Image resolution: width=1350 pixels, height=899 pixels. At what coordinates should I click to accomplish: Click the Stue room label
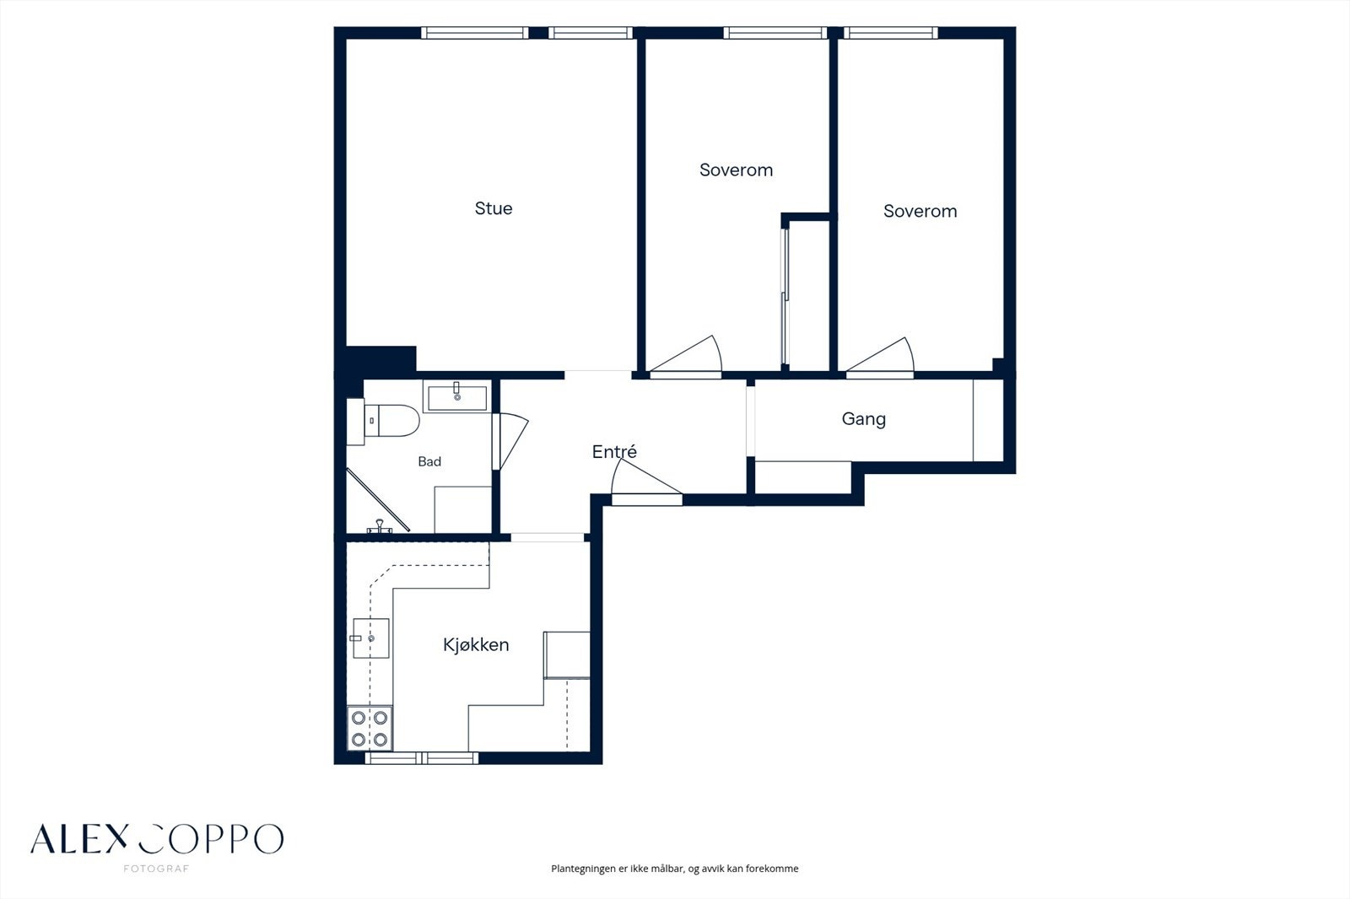[494, 208]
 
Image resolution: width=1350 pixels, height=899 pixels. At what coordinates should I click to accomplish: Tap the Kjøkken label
[476, 645]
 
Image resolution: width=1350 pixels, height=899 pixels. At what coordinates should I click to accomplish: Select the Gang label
[864, 419]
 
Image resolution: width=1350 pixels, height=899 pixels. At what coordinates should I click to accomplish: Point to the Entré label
[614, 452]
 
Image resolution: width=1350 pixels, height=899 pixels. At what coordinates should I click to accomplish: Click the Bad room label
[429, 461]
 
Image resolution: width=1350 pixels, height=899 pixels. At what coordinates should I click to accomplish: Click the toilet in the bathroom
[384, 421]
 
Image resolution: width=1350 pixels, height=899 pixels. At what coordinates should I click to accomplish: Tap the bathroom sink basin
[457, 398]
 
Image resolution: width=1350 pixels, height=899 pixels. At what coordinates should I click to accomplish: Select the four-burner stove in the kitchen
[370, 728]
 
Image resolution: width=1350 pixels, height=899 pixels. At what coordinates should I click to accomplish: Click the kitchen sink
[370, 638]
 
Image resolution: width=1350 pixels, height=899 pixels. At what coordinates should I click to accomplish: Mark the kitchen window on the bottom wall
[421, 758]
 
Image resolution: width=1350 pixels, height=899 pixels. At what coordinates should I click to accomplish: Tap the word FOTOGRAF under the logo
[156, 869]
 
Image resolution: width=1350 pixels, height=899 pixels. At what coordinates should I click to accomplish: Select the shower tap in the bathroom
[380, 526]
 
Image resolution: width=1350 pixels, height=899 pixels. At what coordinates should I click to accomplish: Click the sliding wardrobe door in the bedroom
[785, 297]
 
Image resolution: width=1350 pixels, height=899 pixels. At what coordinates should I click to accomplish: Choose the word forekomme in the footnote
[772, 869]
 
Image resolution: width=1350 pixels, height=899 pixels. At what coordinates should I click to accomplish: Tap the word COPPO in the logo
[210, 839]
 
